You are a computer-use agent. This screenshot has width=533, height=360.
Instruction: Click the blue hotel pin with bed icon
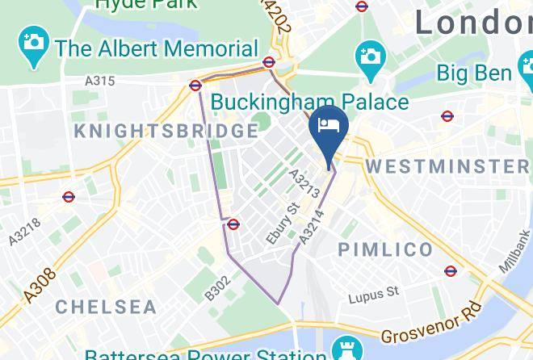329,129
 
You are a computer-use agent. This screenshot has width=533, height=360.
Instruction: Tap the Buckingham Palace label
309,103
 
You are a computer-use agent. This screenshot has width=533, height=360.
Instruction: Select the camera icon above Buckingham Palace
371,58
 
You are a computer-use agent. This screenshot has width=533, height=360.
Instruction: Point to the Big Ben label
474,73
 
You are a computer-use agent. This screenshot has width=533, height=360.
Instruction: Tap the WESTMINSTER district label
448,166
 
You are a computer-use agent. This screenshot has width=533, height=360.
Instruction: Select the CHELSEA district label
106,307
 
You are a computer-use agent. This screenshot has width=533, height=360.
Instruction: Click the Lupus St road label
374,296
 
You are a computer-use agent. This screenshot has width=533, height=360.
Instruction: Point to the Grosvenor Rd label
430,323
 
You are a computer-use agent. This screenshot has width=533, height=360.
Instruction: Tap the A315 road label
100,81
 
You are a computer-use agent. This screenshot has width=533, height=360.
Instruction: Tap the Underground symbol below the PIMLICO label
451,271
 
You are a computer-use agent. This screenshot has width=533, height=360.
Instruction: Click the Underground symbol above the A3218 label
69,196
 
